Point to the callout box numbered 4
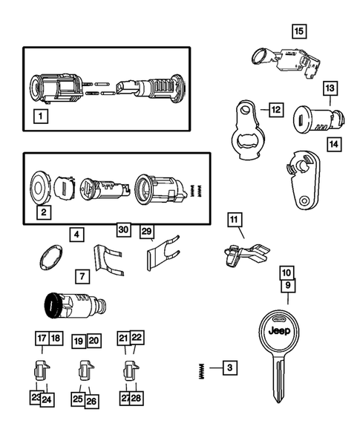76,235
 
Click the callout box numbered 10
287,272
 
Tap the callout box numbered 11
235,220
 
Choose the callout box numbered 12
275,110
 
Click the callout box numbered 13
329,89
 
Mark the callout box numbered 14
334,144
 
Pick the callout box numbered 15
298,31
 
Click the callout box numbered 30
124,230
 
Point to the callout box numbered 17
41,338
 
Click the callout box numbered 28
137,399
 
